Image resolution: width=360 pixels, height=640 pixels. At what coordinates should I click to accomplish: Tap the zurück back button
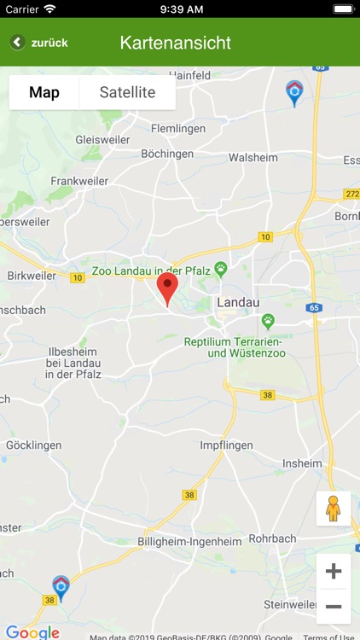tap(39, 42)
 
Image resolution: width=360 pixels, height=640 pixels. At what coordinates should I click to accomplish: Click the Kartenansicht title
tap(176, 42)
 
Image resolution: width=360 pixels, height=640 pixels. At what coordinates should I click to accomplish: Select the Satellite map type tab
tap(127, 92)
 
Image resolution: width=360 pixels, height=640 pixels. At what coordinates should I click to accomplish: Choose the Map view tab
tap(44, 92)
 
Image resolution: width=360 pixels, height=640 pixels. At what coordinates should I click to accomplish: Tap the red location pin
tap(168, 288)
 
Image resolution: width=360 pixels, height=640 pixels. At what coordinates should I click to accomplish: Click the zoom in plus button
tap(334, 572)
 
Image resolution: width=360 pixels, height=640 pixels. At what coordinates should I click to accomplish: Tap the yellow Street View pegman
tap(334, 509)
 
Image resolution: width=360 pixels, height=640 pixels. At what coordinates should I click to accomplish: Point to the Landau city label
tap(239, 302)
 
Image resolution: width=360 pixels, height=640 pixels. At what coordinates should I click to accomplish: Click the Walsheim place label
tap(253, 157)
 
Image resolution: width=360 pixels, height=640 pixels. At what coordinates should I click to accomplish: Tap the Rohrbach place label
tap(271, 538)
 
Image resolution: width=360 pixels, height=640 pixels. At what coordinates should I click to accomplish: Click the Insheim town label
tap(302, 464)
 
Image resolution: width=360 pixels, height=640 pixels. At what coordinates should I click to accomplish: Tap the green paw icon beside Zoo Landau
tap(221, 269)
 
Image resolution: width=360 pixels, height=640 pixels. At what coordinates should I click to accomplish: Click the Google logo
tap(32, 631)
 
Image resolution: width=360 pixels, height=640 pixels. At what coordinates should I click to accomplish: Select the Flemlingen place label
tap(178, 129)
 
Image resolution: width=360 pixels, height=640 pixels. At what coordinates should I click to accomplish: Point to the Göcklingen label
tap(34, 445)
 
